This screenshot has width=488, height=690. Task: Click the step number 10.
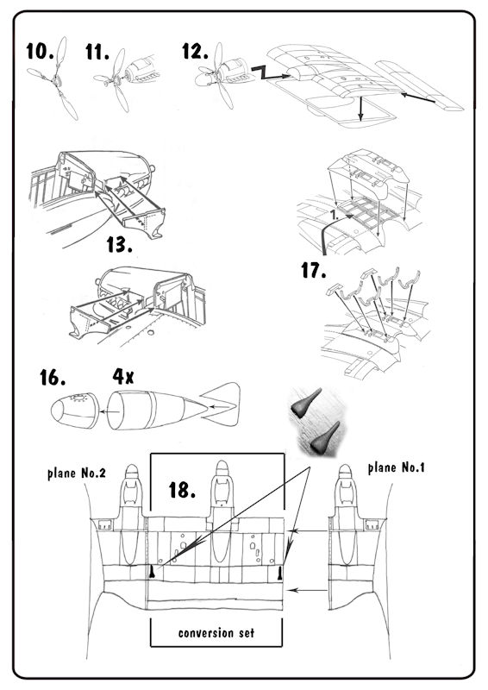point(40,52)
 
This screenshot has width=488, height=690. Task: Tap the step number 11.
point(97,52)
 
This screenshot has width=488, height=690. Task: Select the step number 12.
point(196,52)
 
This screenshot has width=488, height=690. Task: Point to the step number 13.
point(119,245)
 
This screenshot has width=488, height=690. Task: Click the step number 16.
point(53,378)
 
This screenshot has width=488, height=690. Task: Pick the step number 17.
point(313,270)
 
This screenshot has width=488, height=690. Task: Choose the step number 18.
point(182,490)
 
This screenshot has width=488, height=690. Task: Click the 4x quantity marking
point(123,377)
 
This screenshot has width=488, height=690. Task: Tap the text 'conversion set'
point(216,633)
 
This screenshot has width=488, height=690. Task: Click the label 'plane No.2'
point(77,474)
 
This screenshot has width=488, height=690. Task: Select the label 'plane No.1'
point(396,467)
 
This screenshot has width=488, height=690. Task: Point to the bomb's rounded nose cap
point(75,411)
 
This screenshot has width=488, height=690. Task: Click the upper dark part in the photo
point(306,403)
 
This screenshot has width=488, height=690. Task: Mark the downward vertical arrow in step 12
point(361,109)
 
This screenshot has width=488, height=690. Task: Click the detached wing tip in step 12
point(418,85)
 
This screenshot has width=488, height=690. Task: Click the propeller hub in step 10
point(56,79)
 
